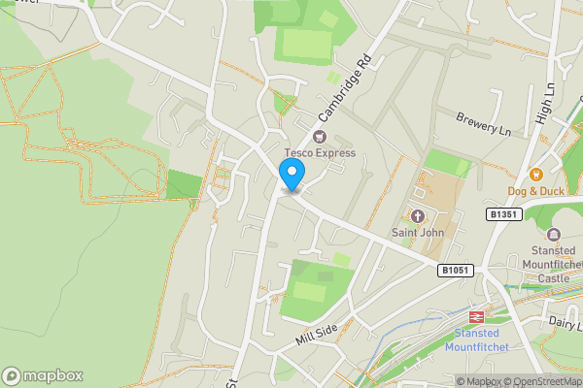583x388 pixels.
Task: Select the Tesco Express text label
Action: tap(320, 153)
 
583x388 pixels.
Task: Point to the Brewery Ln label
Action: tap(484, 123)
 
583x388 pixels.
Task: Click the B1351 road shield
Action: tap(501, 213)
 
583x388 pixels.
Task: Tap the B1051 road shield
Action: tap(455, 271)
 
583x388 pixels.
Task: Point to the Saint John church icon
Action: tap(419, 216)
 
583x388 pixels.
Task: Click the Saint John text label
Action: tap(419, 232)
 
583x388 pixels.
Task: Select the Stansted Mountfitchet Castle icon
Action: tap(554, 235)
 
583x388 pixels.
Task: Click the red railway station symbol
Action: tap(477, 317)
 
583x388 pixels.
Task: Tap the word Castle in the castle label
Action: tap(554, 278)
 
